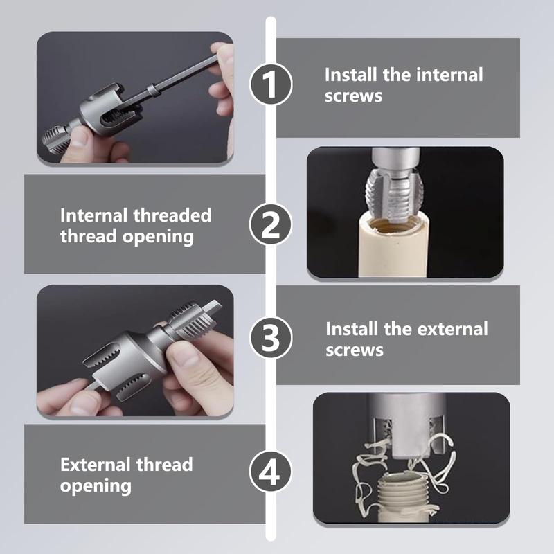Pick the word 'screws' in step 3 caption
[355, 350]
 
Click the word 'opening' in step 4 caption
[96, 486]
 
